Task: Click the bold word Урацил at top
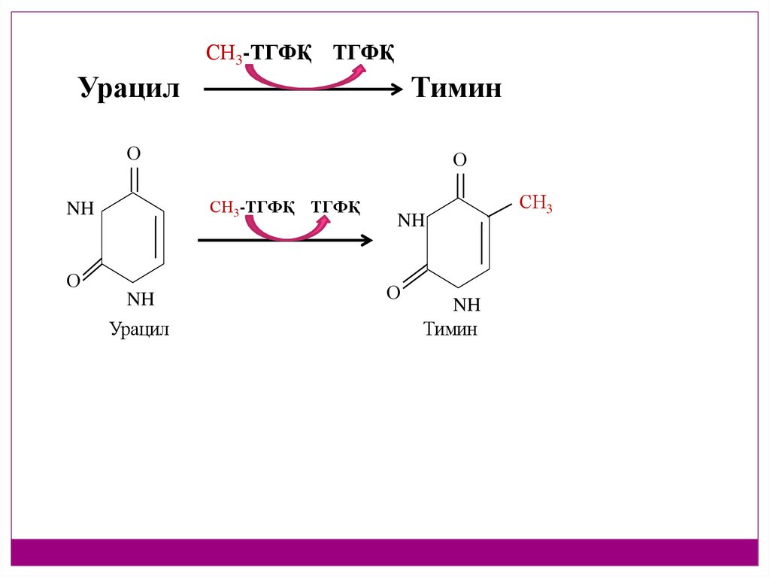tap(129, 90)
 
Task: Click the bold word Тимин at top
tap(456, 90)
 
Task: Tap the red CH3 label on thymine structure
tap(535, 203)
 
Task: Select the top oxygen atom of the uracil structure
tap(133, 154)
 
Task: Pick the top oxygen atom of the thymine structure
tap(459, 160)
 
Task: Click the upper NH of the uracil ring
tap(80, 209)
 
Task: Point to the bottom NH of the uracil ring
tap(140, 299)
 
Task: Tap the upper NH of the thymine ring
tap(411, 220)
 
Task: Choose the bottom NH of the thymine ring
tap(466, 305)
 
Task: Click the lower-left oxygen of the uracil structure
tap(74, 281)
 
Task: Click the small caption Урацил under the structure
tap(140, 329)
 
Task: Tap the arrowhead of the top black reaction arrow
tap(398, 90)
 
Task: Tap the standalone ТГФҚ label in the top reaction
tap(364, 53)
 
